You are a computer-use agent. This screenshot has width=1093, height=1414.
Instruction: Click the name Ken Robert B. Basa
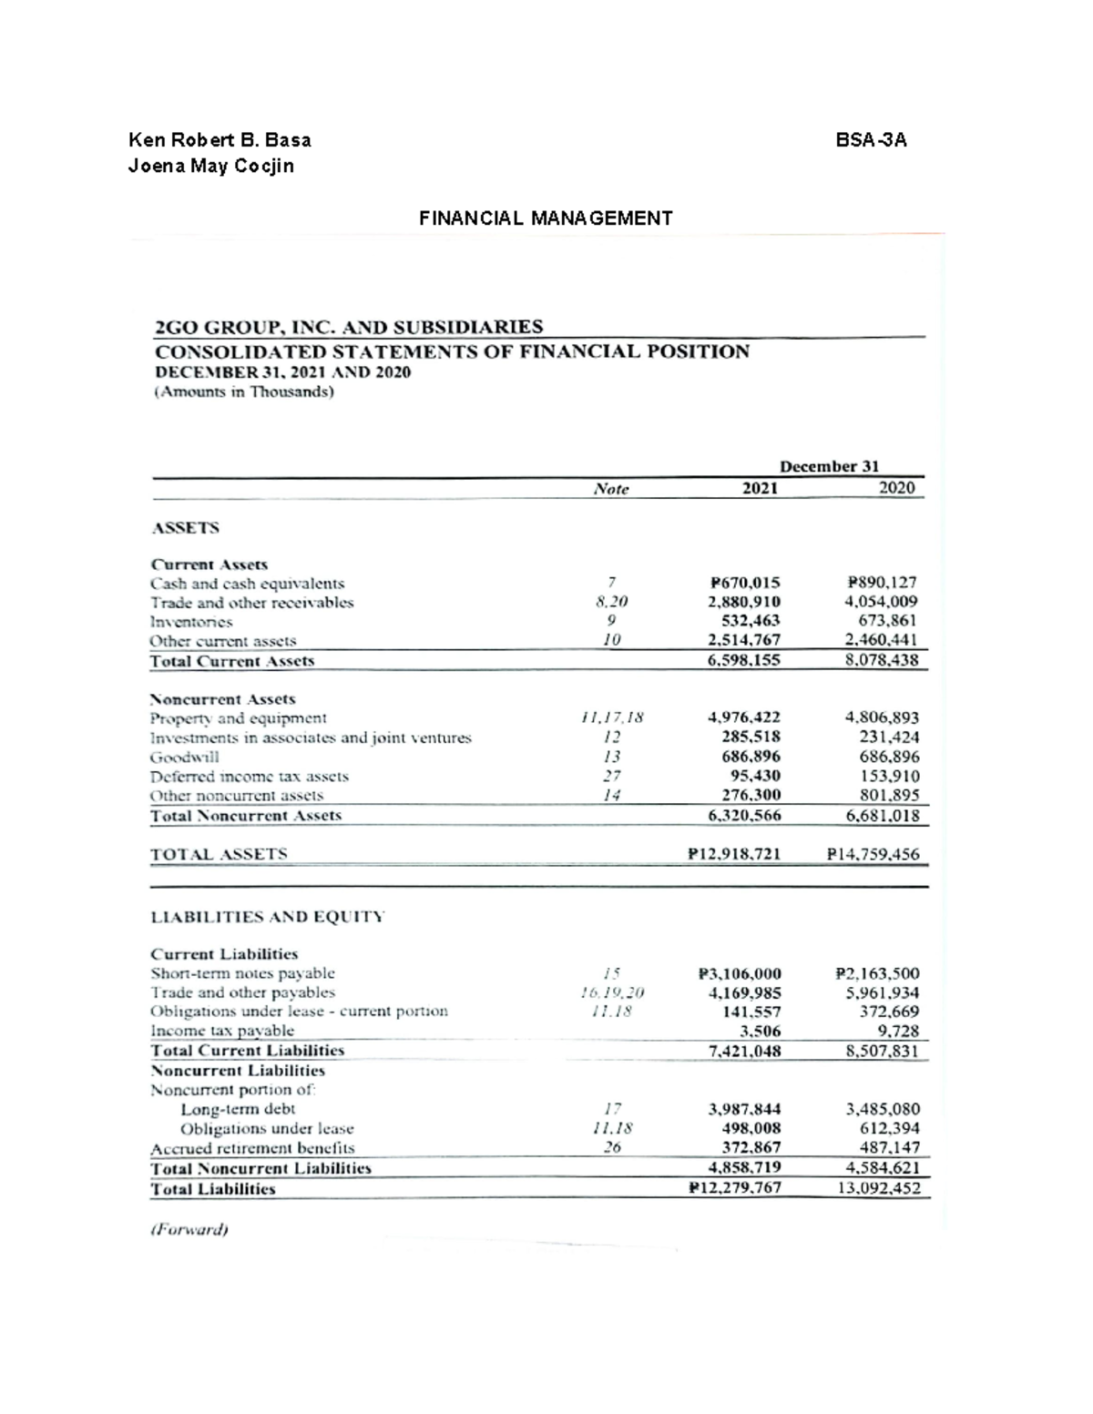220,140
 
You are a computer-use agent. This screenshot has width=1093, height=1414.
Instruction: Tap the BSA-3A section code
871,140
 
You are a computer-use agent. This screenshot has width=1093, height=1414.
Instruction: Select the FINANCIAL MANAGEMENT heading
546,219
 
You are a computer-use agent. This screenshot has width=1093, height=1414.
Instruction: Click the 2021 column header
760,489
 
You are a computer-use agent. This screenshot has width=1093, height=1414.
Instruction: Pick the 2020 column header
895,488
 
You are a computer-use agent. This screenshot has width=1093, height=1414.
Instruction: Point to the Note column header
611,489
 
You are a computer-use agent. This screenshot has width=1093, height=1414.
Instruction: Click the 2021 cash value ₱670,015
744,583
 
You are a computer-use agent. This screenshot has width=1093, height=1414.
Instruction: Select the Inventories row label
191,622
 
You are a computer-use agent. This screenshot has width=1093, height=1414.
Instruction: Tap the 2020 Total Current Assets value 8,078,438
882,660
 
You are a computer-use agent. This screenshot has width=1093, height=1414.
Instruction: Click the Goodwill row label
185,758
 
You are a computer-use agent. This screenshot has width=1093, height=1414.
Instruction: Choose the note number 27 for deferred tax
612,777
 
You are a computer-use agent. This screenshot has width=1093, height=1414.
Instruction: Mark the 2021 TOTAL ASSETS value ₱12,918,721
734,855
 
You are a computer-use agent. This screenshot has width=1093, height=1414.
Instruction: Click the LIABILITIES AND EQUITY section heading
267,917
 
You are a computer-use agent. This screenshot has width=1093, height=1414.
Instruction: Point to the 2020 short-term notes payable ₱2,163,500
876,973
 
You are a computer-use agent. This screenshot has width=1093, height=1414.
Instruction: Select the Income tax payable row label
222,1031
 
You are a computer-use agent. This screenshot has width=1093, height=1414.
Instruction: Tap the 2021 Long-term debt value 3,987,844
744,1109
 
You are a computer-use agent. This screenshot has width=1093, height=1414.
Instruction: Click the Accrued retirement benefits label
252,1148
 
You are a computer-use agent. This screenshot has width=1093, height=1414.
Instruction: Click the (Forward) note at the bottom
189,1229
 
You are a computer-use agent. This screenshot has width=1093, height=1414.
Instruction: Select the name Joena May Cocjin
211,167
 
